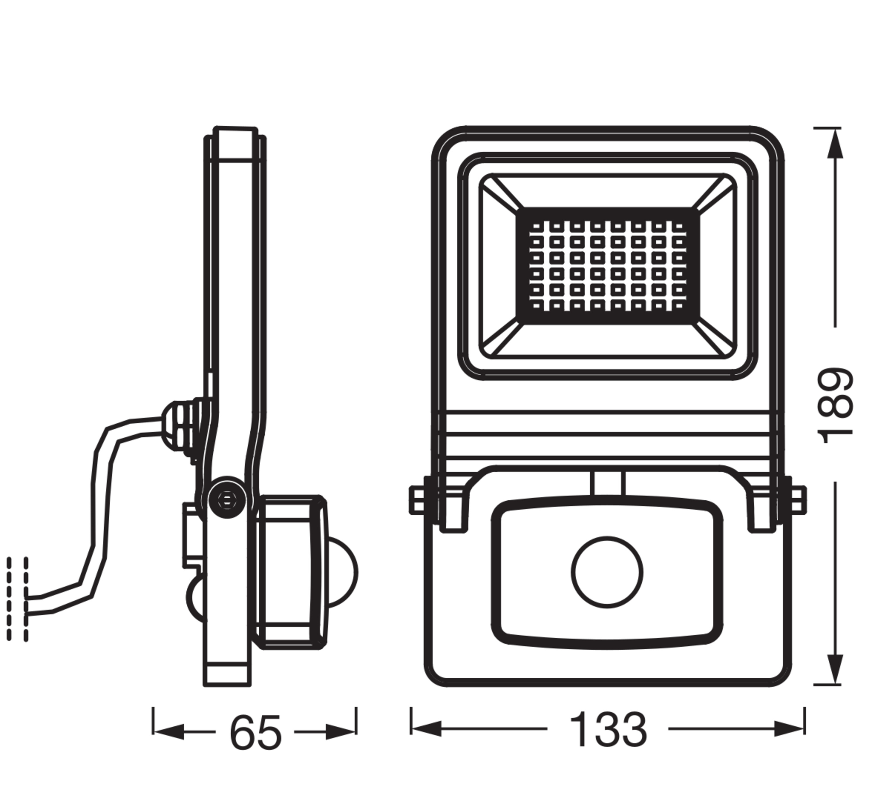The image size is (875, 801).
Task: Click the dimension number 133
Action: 608,730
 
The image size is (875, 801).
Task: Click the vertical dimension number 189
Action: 836,406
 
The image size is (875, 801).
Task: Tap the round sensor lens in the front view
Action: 607,572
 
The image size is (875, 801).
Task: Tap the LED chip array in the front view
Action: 607,266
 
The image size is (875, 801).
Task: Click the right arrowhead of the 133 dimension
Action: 790,729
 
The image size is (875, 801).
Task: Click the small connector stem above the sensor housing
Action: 608,483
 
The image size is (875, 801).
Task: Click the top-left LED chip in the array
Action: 536,227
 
